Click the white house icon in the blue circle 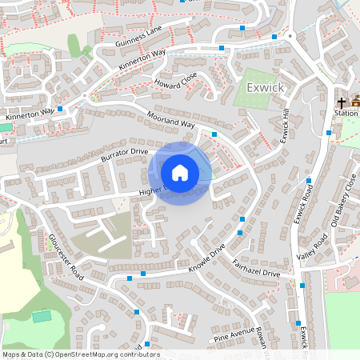[180, 172]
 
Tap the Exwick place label [266, 86]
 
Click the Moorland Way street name [170, 121]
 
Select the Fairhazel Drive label [256, 267]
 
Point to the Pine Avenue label [234, 334]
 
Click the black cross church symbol [342, 102]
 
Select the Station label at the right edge [346, 114]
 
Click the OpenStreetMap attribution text [80, 354]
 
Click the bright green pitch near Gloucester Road [41, 317]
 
